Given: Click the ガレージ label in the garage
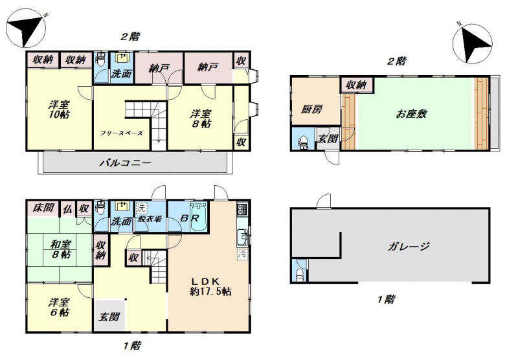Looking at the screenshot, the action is (x=409, y=247).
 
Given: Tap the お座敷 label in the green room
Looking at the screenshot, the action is (x=411, y=114).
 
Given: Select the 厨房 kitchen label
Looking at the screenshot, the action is (x=311, y=109).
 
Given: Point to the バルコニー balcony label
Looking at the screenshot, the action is (x=126, y=163).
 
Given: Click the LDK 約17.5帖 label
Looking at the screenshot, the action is (x=210, y=287).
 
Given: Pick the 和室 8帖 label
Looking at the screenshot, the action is (x=60, y=249).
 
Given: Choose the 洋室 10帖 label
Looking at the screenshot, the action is (x=59, y=110).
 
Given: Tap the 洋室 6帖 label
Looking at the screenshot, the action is (x=60, y=307).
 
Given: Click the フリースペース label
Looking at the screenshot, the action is (x=121, y=133).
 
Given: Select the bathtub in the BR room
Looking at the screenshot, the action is (x=199, y=217).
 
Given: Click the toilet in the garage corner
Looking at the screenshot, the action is (x=300, y=274).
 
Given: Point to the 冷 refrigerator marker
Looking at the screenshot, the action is (x=242, y=254).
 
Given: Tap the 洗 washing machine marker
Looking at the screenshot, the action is (x=141, y=208).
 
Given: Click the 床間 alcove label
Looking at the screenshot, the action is (x=43, y=208).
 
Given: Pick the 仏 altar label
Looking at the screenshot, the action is (x=67, y=208).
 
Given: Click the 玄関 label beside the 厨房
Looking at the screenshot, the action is (x=328, y=138).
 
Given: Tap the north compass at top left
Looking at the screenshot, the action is (x=26, y=28).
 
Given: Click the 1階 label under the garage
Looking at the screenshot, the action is (x=385, y=300).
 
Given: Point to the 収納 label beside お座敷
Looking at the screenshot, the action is (x=356, y=85).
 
